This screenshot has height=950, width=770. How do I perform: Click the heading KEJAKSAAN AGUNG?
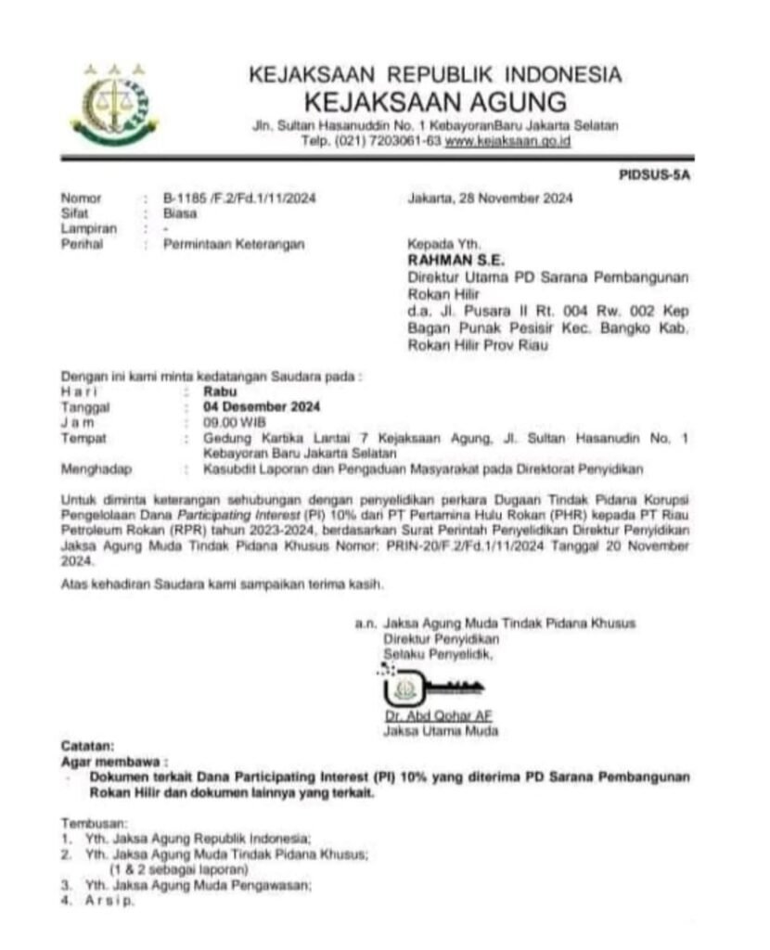[435, 100]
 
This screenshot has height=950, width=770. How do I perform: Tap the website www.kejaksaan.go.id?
[507, 141]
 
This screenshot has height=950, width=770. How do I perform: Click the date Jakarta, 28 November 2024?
[490, 198]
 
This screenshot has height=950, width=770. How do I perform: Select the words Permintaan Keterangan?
[220, 244]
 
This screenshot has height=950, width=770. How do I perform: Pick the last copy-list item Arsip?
[109, 900]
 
